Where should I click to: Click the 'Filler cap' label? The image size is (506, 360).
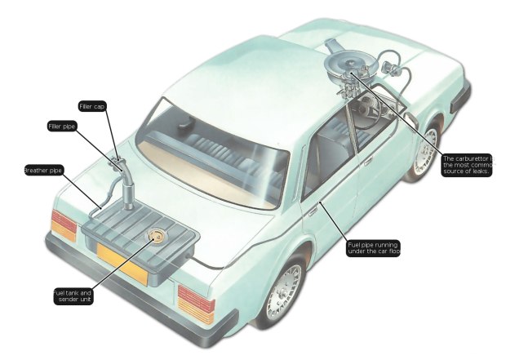92,107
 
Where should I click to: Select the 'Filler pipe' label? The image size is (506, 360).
62,127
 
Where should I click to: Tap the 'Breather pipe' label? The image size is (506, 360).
43,170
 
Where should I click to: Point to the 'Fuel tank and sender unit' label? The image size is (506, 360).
73,296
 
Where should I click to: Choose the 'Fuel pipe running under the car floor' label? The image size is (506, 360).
373,248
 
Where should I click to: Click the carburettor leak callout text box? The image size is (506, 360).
467,165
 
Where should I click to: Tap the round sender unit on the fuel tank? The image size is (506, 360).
156,235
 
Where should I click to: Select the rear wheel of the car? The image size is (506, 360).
282,291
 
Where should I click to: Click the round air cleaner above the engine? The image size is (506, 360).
349,66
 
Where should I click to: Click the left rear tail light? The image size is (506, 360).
64,225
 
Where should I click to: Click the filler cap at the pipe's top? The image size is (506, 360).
117,161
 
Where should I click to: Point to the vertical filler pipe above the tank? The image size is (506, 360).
128,190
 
